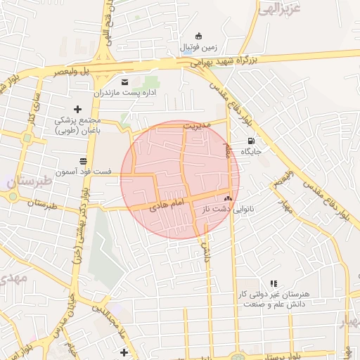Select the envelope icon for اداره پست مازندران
125,81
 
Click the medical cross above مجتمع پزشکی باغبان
77,108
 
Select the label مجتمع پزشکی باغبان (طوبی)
77,124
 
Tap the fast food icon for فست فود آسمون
83,160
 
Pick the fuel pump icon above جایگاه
251,140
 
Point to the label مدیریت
197,125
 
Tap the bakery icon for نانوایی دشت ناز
227,199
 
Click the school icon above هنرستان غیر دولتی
274,283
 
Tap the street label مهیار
284,206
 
